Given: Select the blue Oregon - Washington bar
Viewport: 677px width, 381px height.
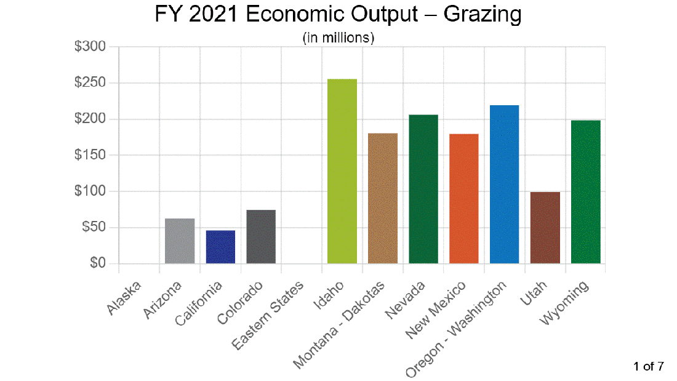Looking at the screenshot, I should tap(504, 184).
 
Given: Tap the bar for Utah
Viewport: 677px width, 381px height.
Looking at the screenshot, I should tap(545, 227).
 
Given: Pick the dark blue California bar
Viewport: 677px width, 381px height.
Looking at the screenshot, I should tap(220, 247).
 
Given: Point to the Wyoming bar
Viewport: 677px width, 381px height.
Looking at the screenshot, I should tap(585, 191).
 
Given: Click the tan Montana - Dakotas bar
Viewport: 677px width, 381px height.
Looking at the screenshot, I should tap(383, 198).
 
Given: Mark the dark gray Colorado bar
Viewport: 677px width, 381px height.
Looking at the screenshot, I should tap(261, 236).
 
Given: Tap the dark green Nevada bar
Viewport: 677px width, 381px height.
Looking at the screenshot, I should tap(423, 189).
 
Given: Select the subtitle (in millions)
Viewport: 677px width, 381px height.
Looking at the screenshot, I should tap(338, 38).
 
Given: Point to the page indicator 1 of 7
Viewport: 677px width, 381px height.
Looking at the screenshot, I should tap(649, 367).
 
